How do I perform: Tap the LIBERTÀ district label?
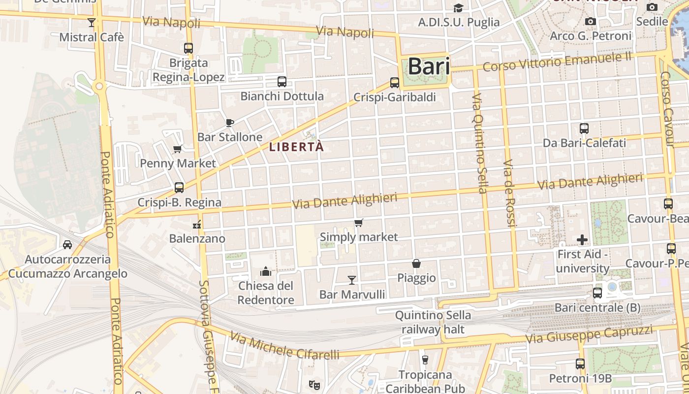296,147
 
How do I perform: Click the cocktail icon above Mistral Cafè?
91,22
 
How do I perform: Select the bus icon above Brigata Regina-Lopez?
188,48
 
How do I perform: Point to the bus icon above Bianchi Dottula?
282,82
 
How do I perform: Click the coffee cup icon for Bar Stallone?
229,122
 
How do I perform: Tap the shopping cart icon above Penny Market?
178,149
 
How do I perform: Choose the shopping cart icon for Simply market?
359,223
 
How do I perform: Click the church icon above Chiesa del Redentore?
266,271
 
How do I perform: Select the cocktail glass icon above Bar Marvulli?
352,280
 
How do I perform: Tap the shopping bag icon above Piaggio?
416,263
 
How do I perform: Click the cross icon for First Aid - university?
582,240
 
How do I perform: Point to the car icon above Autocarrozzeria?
67,244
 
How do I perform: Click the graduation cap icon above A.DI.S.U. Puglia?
458,8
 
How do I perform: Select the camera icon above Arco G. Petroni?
591,22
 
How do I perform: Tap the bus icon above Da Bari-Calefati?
584,129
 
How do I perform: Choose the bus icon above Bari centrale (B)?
597,293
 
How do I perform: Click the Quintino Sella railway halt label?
433,322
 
